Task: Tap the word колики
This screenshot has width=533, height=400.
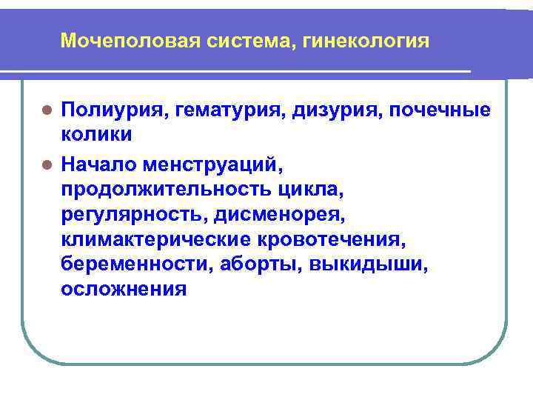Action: tap(97, 136)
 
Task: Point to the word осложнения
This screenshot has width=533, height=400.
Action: tap(124, 289)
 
